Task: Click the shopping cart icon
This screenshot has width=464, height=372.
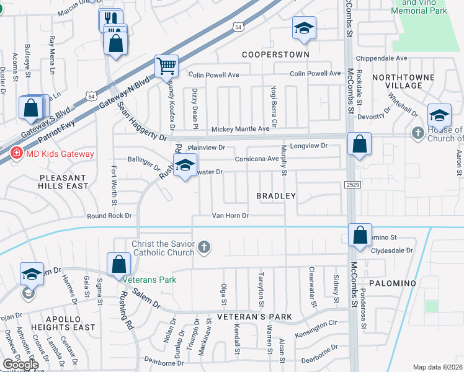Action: click(x=166, y=66)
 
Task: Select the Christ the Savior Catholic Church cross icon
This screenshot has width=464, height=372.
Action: click(x=204, y=249)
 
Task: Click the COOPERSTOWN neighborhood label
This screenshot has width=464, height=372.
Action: click(x=275, y=55)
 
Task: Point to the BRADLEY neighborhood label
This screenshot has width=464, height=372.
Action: click(x=275, y=196)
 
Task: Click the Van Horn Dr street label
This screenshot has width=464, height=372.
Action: click(x=230, y=216)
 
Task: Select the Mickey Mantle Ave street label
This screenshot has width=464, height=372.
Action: click(x=240, y=129)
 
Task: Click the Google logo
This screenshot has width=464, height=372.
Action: click(x=20, y=365)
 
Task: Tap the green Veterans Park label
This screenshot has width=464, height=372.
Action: click(x=149, y=280)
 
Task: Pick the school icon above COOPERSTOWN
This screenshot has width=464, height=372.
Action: click(x=303, y=29)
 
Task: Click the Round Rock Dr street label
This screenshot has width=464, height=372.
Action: click(x=110, y=216)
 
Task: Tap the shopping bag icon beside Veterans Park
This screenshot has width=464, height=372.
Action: click(x=118, y=264)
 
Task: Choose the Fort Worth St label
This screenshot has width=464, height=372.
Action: click(x=114, y=185)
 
